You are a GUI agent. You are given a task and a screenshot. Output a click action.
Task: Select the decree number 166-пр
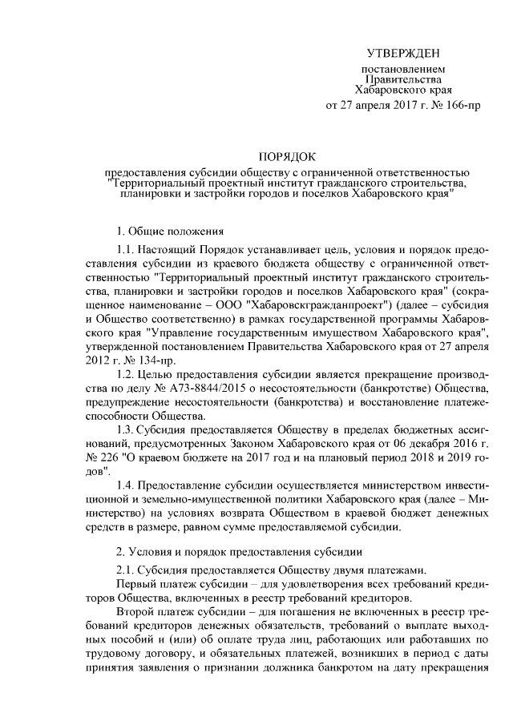462,105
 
